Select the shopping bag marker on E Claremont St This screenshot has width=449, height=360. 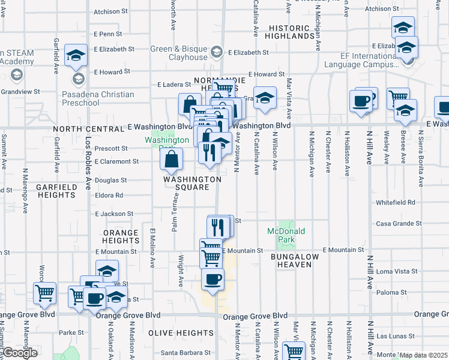click(171, 159)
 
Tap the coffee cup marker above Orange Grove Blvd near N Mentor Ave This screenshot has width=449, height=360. click(212, 279)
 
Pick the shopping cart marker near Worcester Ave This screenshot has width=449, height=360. click(44, 293)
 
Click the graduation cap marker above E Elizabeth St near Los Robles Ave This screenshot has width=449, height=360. click(76, 56)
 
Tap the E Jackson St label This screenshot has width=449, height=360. click(114, 214)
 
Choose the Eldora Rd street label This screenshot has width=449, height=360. click(109, 195)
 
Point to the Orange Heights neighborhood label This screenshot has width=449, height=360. click(121, 236)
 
